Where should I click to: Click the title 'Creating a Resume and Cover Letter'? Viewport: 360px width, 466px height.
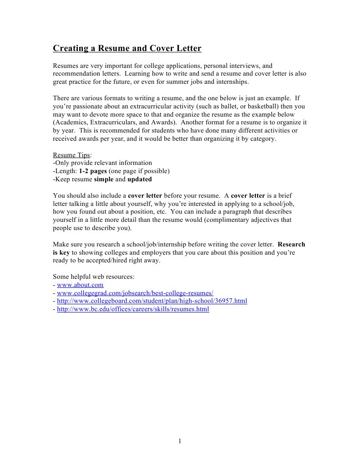[x=127, y=48]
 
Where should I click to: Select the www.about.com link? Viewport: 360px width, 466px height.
[x=80, y=285]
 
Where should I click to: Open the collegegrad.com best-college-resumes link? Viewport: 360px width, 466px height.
[x=135, y=293]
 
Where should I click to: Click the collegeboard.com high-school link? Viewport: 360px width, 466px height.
[x=152, y=301]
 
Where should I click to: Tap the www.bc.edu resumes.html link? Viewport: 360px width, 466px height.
[x=133, y=309]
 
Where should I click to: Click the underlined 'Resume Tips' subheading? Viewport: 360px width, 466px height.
[x=71, y=155]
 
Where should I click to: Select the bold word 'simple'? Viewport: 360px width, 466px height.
[x=103, y=179]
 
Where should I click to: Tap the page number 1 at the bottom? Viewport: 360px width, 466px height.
[x=180, y=440]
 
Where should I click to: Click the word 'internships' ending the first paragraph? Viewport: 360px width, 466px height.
[x=232, y=82]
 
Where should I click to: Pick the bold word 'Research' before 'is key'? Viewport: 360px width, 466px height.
[x=291, y=244]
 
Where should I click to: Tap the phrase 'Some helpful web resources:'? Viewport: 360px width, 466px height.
[x=93, y=277]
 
